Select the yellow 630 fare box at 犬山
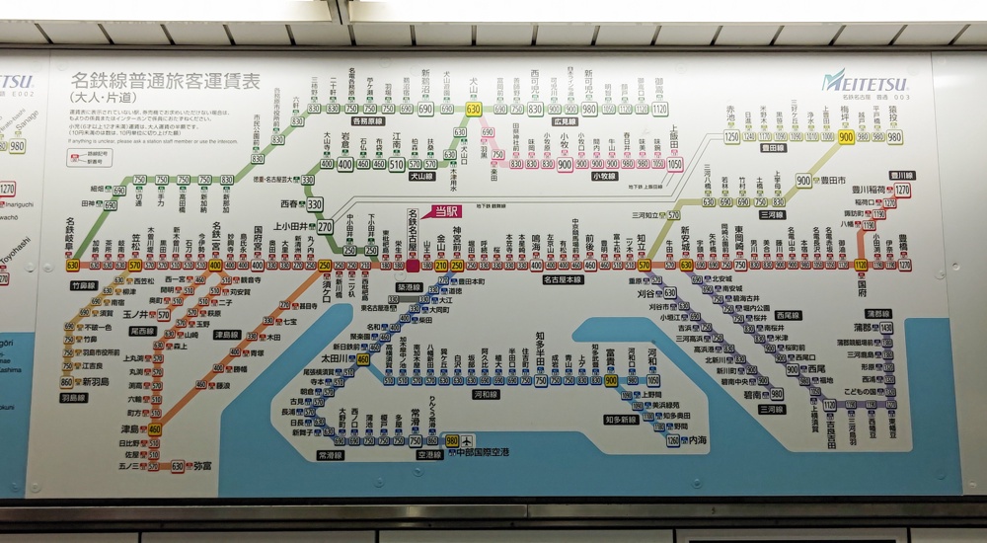coord(474,109)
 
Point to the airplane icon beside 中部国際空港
coord(466,440)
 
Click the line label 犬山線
coord(421,176)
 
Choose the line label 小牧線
coord(604,176)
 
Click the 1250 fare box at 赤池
coord(732,137)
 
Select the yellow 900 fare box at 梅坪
coord(846,137)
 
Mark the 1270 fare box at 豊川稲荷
coord(902,190)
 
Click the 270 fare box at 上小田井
coord(325,226)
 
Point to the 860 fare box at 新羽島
coord(67,382)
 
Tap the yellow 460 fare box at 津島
coord(155,429)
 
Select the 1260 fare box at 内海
coord(673,440)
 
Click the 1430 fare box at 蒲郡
coord(885,327)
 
